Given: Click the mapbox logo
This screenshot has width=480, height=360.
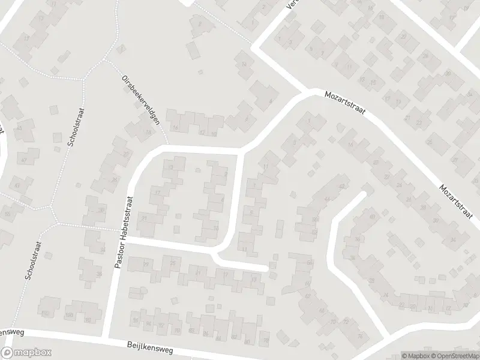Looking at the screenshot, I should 26,353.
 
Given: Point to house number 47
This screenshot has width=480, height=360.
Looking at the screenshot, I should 24,160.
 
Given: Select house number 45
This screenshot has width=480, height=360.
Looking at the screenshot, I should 19,128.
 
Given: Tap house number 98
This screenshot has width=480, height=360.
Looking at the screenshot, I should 88,320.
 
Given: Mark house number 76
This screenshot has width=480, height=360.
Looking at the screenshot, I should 359,336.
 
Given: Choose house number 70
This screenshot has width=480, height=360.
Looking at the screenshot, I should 333,322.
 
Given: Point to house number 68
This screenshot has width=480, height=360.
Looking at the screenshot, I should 310,263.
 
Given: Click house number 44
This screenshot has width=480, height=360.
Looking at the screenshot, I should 327,199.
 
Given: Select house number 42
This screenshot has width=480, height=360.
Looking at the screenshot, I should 341,187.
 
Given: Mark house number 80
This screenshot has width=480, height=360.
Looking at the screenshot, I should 247,341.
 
